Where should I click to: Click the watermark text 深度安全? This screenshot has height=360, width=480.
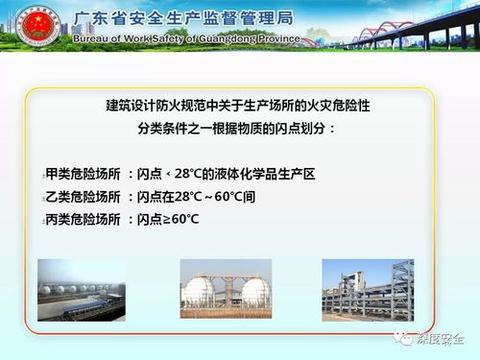tap(441, 338)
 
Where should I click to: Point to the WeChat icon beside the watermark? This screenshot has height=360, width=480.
tap(403, 338)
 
